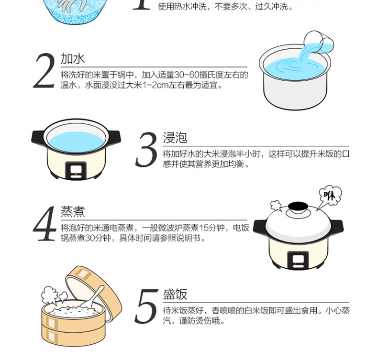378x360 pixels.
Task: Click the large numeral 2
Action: point(44,71)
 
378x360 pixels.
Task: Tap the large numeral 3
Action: point(146,149)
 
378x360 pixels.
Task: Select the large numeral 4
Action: point(44,223)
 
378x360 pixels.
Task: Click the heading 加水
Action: point(73,59)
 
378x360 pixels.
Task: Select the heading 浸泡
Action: point(175,138)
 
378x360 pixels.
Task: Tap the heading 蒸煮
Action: point(73,212)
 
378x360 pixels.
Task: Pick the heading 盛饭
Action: point(175,294)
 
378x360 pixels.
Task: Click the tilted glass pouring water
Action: point(319,42)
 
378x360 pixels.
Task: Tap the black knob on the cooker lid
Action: point(298,207)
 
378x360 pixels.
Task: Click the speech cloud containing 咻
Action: point(330,195)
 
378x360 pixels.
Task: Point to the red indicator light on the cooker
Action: point(295,264)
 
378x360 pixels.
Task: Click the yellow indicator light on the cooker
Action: point(76,174)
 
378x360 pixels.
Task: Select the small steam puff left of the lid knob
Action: point(276,206)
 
